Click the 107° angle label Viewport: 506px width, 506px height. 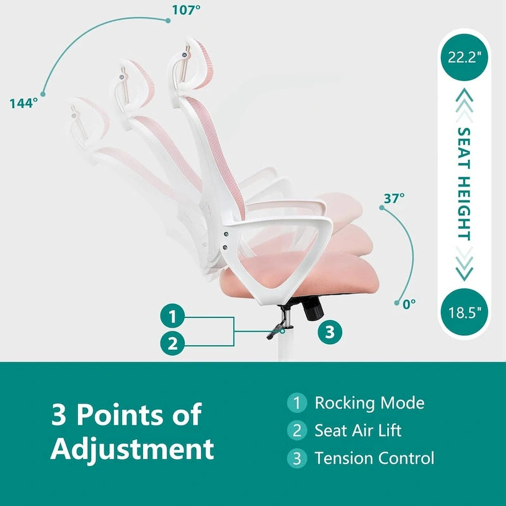(186, 9)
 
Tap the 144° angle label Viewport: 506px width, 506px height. (23, 103)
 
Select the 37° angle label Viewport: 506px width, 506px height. (394, 199)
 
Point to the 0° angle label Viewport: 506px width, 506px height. (409, 304)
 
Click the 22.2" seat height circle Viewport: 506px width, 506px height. (464, 58)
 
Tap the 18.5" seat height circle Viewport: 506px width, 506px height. (464, 312)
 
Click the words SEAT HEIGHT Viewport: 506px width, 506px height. (464, 184)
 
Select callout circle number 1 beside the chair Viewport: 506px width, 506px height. (173, 316)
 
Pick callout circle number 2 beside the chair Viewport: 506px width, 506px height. (173, 343)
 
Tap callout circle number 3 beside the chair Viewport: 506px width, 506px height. (330, 331)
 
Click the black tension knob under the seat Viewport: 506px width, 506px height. (312, 309)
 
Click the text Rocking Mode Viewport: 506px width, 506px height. (369, 403)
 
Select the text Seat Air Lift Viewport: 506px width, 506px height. (358, 430)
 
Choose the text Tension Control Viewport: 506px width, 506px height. (374, 458)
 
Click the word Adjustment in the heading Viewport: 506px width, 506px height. (132, 449)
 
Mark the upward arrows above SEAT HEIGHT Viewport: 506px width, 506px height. (464, 105)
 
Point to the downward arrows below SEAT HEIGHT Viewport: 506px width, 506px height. (464, 264)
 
